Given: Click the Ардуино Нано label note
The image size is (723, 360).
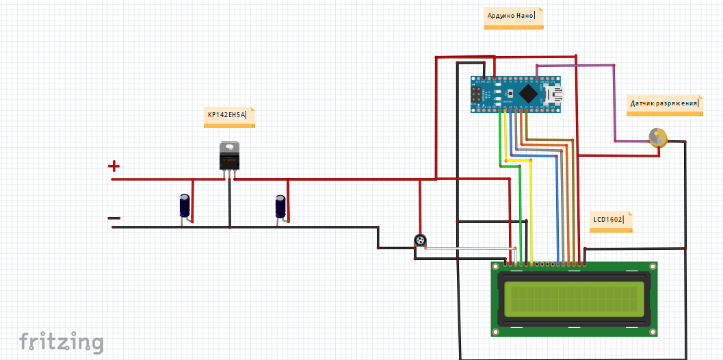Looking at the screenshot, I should [513, 16].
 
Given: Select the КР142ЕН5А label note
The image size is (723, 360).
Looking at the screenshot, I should [231, 116].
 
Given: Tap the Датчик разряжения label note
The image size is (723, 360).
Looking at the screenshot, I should [664, 104].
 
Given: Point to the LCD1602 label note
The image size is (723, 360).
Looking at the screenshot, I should [610, 221].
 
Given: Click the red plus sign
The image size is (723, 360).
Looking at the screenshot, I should [114, 166].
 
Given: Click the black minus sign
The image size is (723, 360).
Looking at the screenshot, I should [114, 218].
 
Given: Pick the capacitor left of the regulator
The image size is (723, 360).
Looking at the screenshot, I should [185, 206].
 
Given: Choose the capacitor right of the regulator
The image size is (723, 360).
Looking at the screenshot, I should [280, 207].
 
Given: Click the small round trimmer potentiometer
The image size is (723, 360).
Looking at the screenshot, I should [420, 240].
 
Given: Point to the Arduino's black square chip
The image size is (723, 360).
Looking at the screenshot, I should [528, 93].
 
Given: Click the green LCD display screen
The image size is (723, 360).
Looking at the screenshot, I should [574, 299].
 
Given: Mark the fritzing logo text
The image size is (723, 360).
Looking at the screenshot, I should [62, 342].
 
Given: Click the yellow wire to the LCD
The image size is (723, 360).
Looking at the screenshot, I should [531, 212].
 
